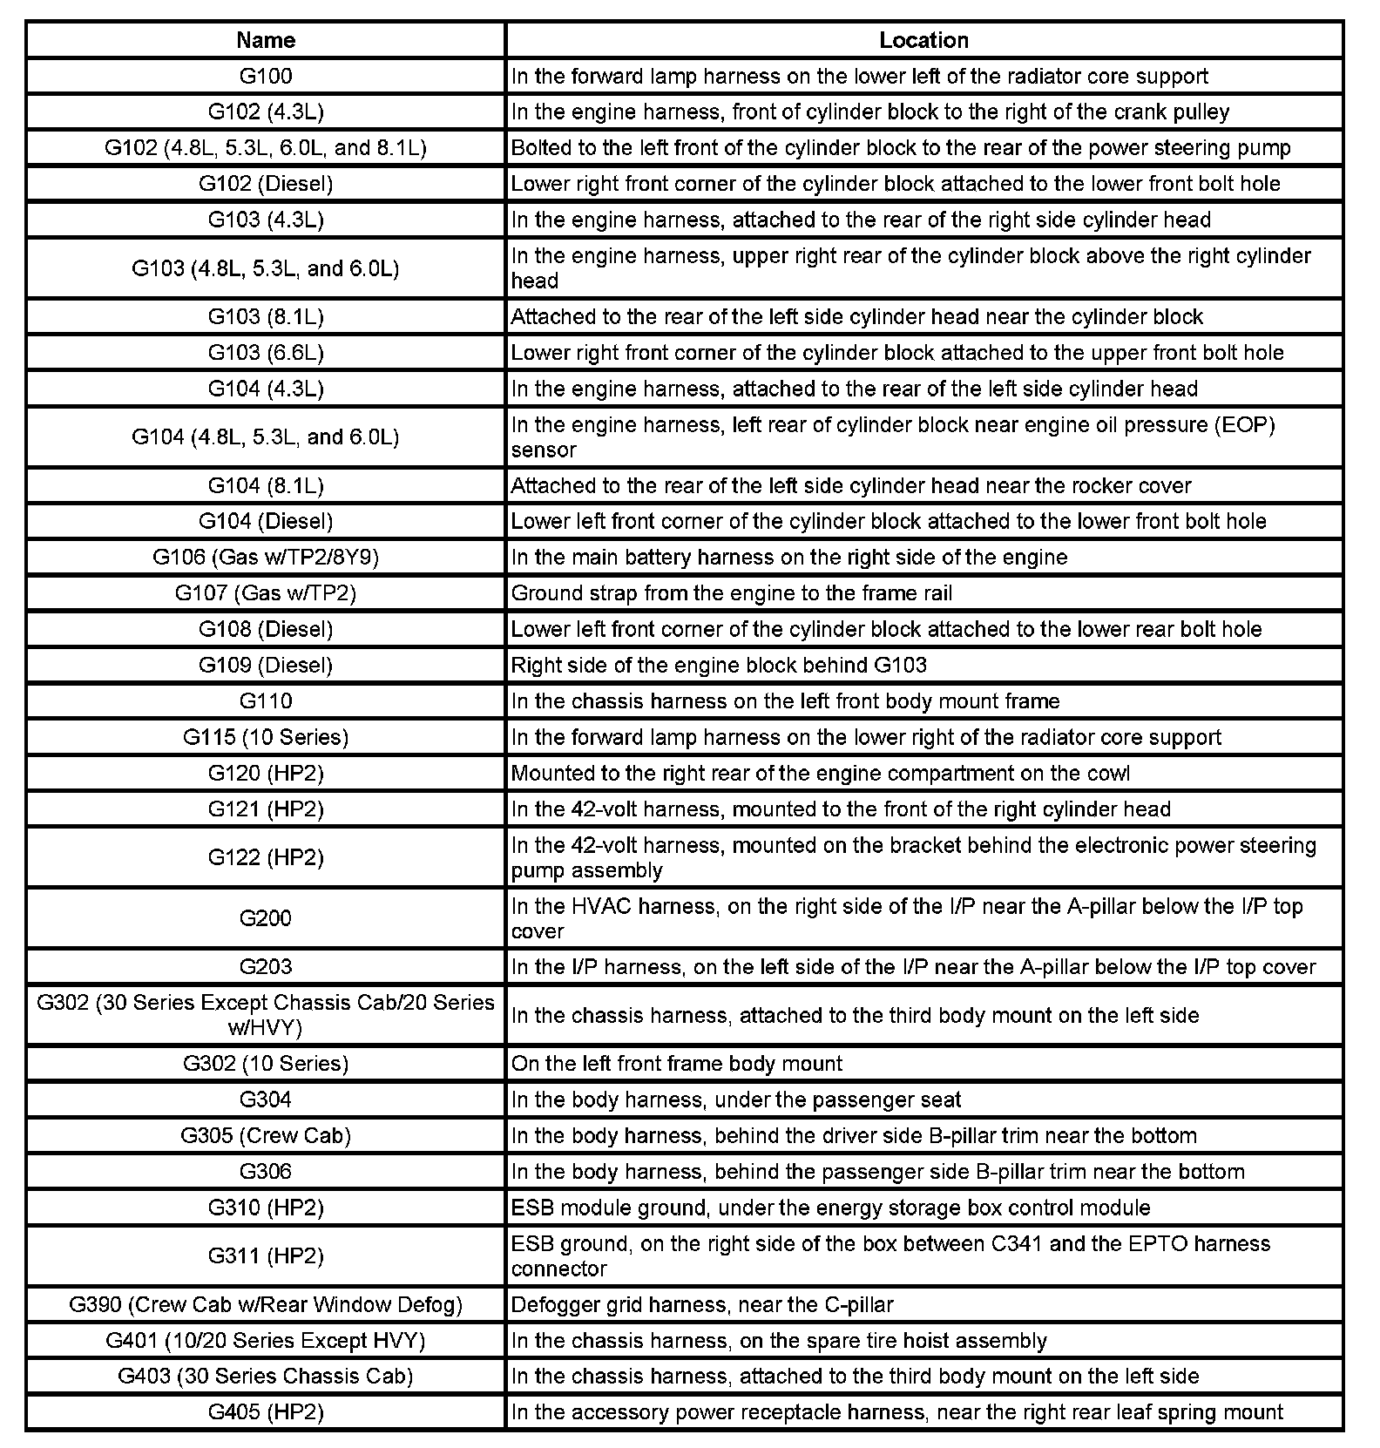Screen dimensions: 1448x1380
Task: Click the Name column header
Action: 266,40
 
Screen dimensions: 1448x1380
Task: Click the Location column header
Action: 923,40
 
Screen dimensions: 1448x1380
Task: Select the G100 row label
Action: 266,76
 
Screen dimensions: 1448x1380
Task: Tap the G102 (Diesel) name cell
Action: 266,184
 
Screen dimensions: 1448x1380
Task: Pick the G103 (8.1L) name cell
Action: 266,316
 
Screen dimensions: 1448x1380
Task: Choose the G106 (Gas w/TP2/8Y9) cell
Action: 266,557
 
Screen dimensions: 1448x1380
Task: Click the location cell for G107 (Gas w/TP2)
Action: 732,593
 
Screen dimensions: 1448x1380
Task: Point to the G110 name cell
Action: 266,701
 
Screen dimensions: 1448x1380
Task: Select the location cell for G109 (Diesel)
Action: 719,666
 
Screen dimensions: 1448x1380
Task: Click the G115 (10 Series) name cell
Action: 266,737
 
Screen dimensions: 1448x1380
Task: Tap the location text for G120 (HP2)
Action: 820,774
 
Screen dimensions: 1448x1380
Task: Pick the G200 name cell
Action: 266,918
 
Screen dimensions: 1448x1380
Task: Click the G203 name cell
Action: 266,967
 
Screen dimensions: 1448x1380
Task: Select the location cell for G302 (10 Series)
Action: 677,1064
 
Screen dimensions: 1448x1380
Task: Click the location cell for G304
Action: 736,1100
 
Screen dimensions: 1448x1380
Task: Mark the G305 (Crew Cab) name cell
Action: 266,1135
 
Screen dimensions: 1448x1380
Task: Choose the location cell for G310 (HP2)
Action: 830,1208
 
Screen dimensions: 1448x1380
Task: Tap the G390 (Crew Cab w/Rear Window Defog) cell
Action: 266,1304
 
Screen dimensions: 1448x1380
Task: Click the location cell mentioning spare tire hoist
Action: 779,1341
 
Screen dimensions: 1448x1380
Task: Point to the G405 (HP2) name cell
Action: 266,1412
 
